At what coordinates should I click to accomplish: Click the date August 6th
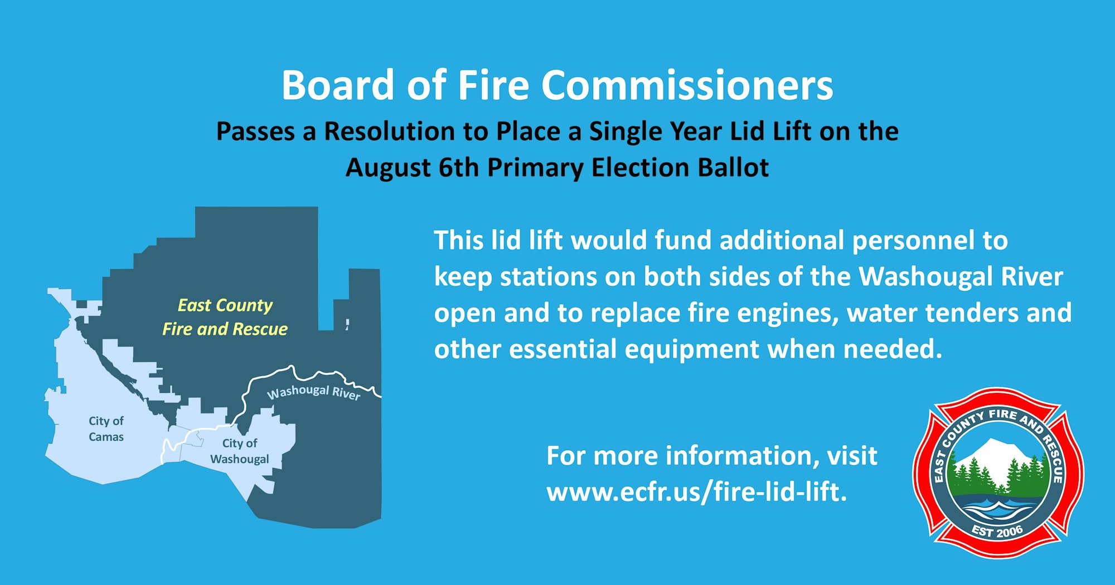pyautogui.click(x=412, y=168)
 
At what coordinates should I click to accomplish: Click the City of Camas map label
pyautogui.click(x=106, y=428)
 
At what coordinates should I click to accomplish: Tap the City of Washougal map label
pyautogui.click(x=240, y=451)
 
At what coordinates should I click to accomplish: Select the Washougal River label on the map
pyautogui.click(x=314, y=392)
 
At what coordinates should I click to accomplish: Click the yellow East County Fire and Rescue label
pyautogui.click(x=225, y=317)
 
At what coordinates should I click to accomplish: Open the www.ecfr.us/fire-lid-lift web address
pyautogui.click(x=697, y=492)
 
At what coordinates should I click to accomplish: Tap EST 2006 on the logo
pyautogui.click(x=997, y=531)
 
